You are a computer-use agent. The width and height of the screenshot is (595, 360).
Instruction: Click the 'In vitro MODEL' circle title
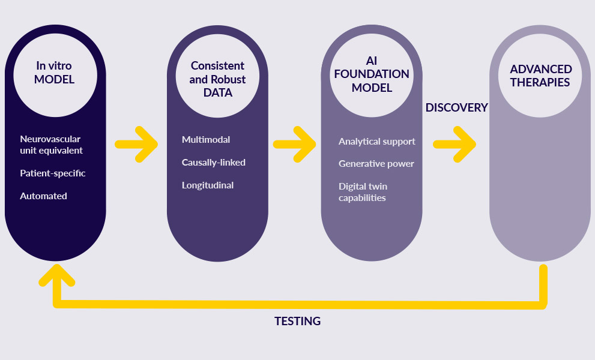tap(55, 72)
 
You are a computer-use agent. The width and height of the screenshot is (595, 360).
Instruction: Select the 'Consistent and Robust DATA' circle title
tap(217, 79)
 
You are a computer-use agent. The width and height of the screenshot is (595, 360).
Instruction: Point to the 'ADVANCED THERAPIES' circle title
tap(540, 76)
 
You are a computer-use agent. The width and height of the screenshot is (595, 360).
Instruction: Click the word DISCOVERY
tap(456, 107)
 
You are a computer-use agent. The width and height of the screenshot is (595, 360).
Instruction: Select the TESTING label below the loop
tap(297, 321)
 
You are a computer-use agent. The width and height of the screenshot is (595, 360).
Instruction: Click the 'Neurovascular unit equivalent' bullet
tap(51, 145)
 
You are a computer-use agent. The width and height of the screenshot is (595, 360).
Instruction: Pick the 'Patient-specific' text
tap(52, 173)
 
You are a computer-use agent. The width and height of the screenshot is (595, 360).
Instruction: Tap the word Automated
tap(43, 196)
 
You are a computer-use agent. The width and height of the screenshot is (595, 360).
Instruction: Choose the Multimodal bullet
tap(205, 140)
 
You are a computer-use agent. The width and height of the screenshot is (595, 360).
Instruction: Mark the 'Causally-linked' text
tap(213, 163)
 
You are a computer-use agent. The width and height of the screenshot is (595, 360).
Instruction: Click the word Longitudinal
tap(207, 185)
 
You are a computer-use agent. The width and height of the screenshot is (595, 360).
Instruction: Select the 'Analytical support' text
tap(376, 142)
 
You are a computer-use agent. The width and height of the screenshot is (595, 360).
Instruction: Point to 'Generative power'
tap(376, 164)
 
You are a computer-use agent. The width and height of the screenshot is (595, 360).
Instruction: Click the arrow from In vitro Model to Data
tap(136, 144)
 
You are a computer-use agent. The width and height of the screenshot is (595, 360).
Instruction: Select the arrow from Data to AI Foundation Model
tap(294, 144)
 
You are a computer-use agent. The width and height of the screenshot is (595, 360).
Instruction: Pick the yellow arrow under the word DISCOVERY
tap(455, 144)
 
